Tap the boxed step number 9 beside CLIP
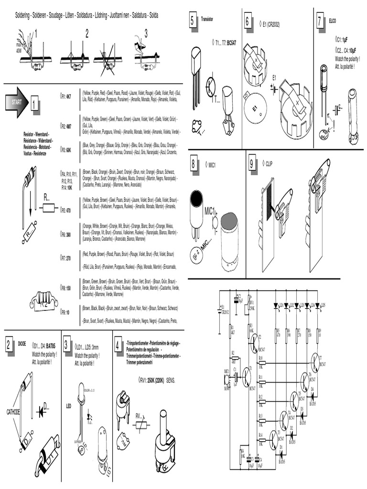tap(252, 164)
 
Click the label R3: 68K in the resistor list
tap(65, 149)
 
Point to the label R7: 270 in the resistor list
tap(65, 257)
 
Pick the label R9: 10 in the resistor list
tap(65, 312)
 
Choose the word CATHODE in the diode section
tap(13, 411)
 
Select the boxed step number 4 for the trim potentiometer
tap(118, 345)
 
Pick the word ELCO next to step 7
tap(333, 21)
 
